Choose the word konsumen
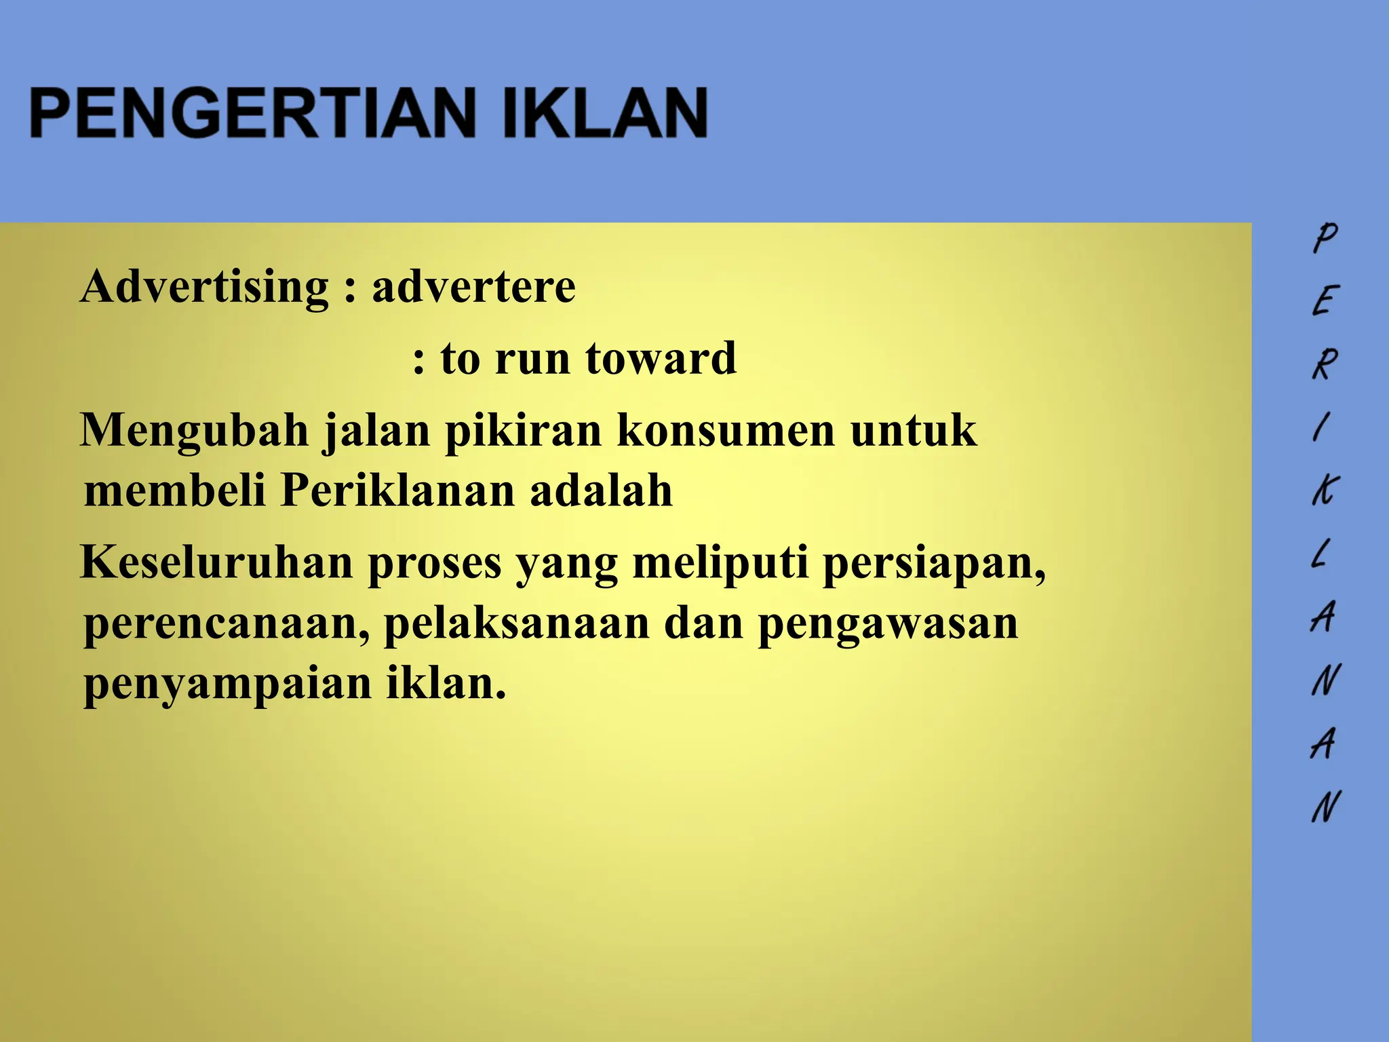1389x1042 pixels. (725, 431)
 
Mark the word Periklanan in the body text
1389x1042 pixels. (397, 490)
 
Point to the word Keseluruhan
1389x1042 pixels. (216, 562)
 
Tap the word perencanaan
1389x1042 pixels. (227, 625)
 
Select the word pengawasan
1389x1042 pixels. (888, 625)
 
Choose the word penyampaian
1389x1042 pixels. (227, 685)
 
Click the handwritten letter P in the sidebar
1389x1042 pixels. (1325, 237)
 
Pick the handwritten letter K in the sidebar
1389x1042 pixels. (1325, 489)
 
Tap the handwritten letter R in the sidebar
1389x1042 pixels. (1325, 364)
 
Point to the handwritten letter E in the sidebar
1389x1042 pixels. (1325, 300)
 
